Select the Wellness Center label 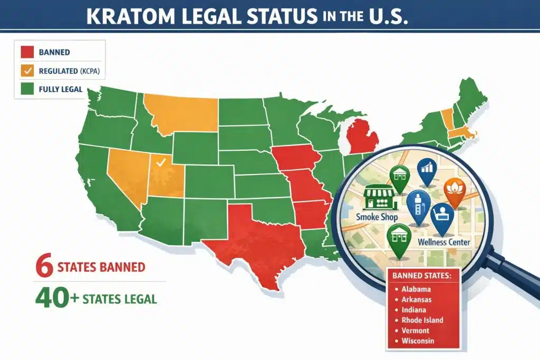[x=444, y=242]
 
